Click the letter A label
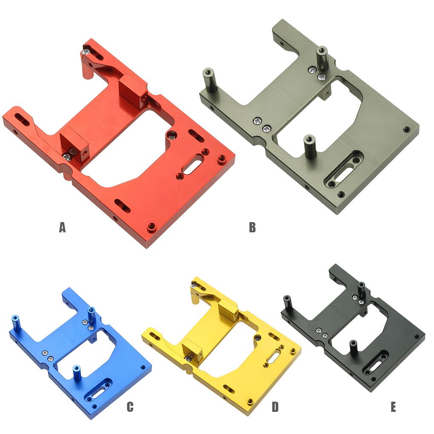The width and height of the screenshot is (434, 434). point(63,228)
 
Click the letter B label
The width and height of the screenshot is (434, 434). point(252,228)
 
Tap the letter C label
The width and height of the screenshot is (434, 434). point(130,407)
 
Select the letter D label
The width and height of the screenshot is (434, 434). point(275,407)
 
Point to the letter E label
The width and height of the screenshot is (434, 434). point(393,407)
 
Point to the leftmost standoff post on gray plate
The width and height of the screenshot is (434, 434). point(209,79)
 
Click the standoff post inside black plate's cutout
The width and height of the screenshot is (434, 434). point(353,346)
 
